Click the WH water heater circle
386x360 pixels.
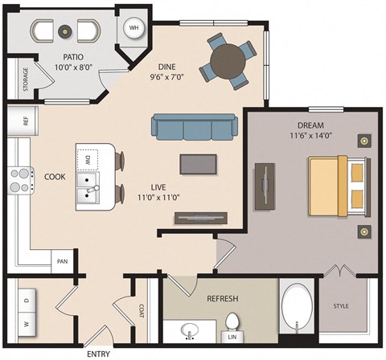[x=133, y=27]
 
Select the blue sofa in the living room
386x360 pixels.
[x=184, y=128]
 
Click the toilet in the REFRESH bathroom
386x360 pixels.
[x=232, y=326]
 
